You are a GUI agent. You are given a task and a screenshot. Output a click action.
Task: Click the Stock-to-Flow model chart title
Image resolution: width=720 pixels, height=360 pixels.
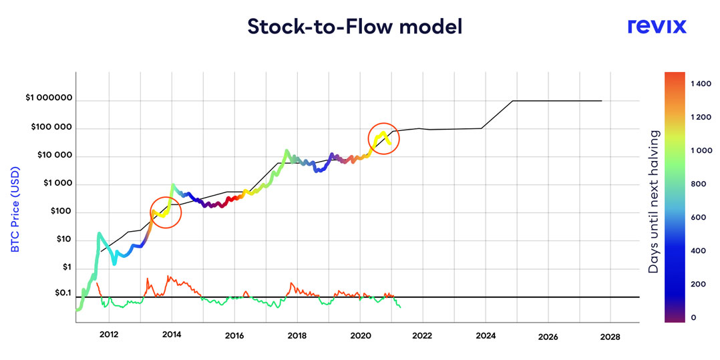tap(355, 27)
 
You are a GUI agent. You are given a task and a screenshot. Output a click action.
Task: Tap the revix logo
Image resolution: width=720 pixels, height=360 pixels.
tap(657, 26)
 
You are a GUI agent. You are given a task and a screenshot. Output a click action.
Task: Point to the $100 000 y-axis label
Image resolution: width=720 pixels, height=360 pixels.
tap(51, 128)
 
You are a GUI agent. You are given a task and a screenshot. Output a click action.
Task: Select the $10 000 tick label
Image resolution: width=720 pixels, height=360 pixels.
tap(53, 156)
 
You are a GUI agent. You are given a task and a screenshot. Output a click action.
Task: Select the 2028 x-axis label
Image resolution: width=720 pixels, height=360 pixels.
tap(610, 337)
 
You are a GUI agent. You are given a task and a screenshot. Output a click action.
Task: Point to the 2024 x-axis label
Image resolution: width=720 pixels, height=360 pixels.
tap(486, 336)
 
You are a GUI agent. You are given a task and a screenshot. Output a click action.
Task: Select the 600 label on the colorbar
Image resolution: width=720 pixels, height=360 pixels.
tap(699, 217)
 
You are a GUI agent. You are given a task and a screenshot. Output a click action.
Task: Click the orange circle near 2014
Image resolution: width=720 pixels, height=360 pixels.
tap(165, 213)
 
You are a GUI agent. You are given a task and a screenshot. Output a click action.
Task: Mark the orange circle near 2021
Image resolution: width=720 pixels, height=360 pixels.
tap(383, 139)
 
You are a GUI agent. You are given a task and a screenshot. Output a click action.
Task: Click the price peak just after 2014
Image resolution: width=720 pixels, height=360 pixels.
tap(172, 185)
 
